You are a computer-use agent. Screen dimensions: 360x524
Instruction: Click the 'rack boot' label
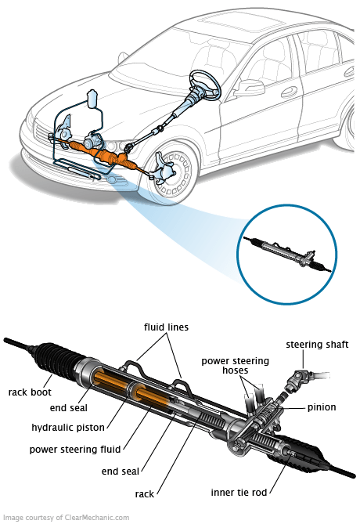pos(30,392)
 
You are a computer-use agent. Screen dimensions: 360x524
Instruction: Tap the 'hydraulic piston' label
pos(68,428)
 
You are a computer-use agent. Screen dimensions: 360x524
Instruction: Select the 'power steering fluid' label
pos(75,449)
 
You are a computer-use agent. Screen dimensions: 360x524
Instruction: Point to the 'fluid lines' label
pos(166,327)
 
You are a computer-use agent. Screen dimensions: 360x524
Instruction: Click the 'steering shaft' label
pos(317,345)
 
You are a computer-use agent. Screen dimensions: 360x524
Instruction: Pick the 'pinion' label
pos(322,407)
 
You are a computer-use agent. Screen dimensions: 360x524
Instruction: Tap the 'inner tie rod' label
pos(239,492)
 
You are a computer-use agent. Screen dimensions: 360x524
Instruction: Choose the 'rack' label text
pos(144,494)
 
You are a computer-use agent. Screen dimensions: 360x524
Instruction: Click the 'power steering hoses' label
pos(235,365)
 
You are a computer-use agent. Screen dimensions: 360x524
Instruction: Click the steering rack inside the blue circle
pos(287,254)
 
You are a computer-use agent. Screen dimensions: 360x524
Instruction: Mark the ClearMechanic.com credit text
pos(66,518)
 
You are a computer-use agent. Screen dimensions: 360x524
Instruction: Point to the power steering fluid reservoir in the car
pos(92,99)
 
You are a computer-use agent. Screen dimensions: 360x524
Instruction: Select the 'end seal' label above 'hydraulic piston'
pos(68,408)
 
